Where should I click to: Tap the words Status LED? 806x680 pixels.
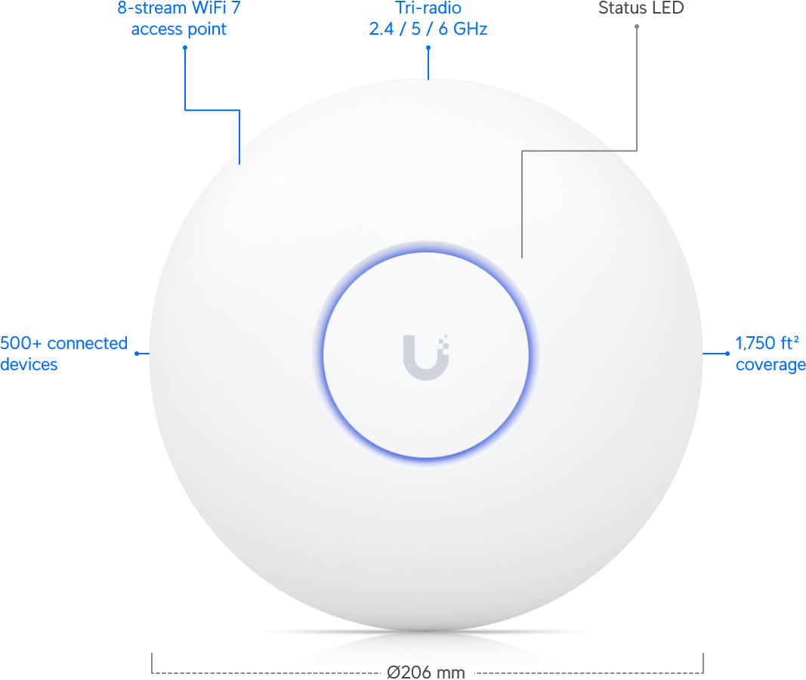point(641,8)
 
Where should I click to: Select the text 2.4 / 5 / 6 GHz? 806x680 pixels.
point(428,29)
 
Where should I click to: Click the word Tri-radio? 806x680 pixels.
point(428,9)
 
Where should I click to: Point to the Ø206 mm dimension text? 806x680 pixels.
point(426,672)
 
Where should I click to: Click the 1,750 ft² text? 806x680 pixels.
point(767,344)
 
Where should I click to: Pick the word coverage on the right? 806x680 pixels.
point(770,365)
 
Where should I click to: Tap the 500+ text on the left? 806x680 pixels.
point(21,344)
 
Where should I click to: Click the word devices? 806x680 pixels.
point(29,365)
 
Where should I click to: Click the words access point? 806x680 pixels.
point(178,29)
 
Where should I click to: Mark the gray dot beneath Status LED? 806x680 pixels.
point(637,26)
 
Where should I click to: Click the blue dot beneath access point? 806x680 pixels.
point(184,47)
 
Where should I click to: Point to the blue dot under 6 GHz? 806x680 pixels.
point(428,47)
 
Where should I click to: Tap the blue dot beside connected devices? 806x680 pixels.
point(137,353)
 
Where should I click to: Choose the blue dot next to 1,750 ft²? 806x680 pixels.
point(727,353)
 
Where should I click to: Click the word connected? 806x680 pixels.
point(88,344)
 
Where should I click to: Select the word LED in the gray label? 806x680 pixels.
point(669,8)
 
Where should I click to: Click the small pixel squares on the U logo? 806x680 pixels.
point(444,342)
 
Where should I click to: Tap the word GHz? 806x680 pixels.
point(469,29)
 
